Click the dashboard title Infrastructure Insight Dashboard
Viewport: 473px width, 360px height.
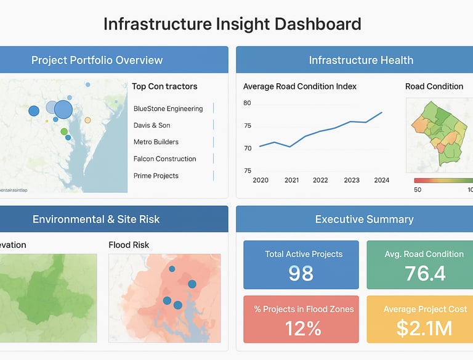pyautogui.click(x=232, y=24)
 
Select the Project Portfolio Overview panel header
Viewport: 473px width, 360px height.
pyautogui.click(x=97, y=60)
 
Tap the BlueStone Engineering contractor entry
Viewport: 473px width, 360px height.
pyautogui.click(x=168, y=108)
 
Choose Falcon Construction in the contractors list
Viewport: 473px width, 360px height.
pyautogui.click(x=164, y=158)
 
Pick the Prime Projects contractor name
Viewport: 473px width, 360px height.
pyautogui.click(x=156, y=176)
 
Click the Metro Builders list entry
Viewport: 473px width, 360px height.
pyautogui.click(x=156, y=142)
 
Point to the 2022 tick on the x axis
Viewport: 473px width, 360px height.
pyautogui.click(x=320, y=180)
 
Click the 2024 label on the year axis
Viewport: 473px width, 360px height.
pyautogui.click(x=382, y=180)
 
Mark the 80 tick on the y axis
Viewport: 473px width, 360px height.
pyautogui.click(x=247, y=103)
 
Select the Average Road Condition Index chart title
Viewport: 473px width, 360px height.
pyautogui.click(x=299, y=86)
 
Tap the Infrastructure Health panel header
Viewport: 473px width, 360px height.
pyautogui.click(x=361, y=60)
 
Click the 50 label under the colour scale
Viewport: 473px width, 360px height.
pyautogui.click(x=418, y=189)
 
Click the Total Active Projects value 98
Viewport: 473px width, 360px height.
pyautogui.click(x=301, y=273)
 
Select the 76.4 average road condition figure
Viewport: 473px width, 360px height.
pyautogui.click(x=425, y=273)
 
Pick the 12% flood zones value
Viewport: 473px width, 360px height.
pyautogui.click(x=303, y=329)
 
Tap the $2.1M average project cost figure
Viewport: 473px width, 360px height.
pyautogui.click(x=424, y=329)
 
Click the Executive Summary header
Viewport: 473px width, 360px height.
pyautogui.click(x=364, y=219)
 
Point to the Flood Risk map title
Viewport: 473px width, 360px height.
pyautogui.click(x=129, y=245)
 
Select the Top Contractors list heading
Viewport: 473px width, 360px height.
pyautogui.click(x=164, y=86)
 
